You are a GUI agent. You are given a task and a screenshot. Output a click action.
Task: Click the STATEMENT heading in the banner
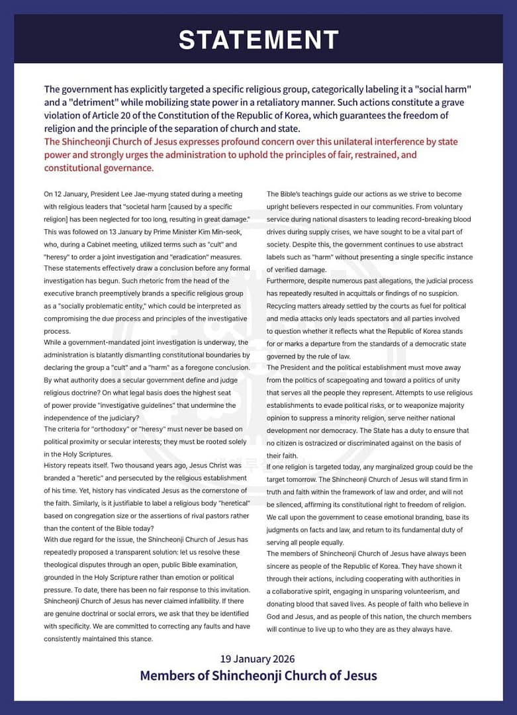[x=259, y=40]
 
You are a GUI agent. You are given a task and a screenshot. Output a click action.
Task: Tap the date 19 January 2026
[x=258, y=659]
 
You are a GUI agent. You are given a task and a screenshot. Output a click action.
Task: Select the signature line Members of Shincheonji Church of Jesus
[x=258, y=675]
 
